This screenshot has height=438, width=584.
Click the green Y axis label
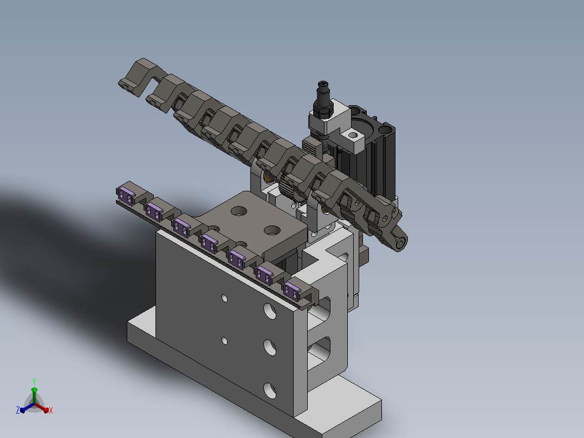coord(34,381)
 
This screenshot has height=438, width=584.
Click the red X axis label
coord(51,410)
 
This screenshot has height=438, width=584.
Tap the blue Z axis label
coord(17,410)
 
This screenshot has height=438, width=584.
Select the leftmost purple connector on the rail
coord(126,196)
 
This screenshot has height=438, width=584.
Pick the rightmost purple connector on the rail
coord(291,291)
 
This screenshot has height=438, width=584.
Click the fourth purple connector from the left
coord(209,243)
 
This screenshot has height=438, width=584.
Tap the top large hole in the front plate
coord(270,311)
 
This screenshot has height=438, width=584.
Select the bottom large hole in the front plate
coord(270,390)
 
